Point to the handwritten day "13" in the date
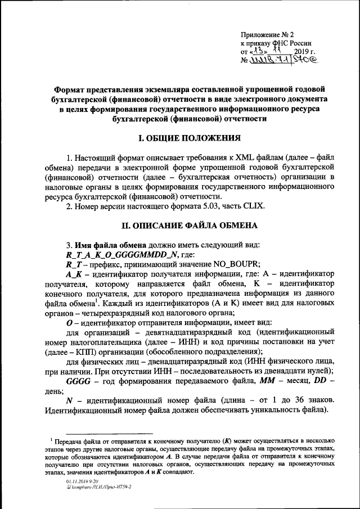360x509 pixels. (258, 51)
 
